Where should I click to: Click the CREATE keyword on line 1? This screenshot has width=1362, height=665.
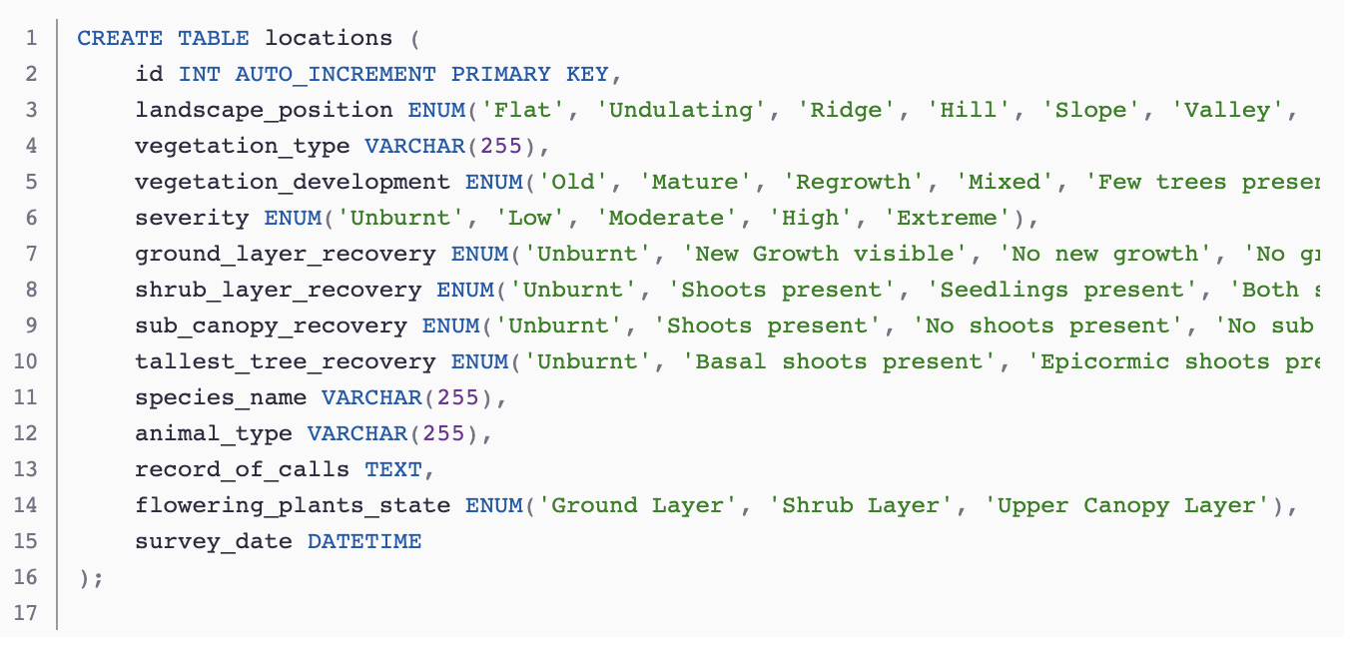tap(120, 39)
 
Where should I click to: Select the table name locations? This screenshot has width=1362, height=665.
tap(329, 39)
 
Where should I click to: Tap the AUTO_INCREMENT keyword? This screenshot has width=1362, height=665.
tap(336, 75)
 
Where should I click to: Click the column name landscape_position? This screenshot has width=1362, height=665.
tap(264, 111)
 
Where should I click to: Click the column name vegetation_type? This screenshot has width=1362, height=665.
tap(243, 147)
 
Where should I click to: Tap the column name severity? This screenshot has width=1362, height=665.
tap(192, 219)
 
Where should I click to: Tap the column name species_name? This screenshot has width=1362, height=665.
tap(221, 398)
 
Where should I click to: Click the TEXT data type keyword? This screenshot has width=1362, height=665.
tap(393, 470)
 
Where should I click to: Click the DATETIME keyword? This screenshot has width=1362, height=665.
tap(364, 542)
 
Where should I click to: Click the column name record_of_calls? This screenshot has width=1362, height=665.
tap(243, 470)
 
